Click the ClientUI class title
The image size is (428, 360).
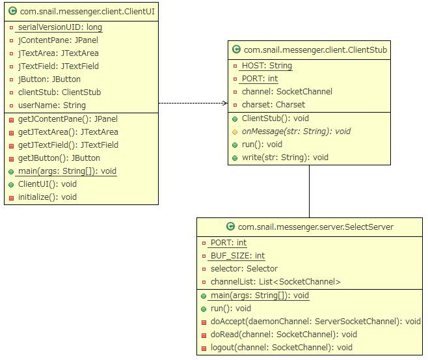pyautogui.click(x=85, y=11)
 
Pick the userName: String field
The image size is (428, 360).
pyautogui.click(x=51, y=105)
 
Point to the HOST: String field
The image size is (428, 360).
pyautogui.click(x=266, y=66)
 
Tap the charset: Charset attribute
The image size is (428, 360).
pyautogui.click(x=273, y=104)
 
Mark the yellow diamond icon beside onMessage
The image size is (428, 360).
pyautogui.click(x=235, y=132)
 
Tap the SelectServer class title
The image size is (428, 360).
pyautogui.click(x=315, y=227)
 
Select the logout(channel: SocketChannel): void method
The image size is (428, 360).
pyautogui.click(x=281, y=348)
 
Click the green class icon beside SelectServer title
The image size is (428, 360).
pyautogui.click(x=230, y=227)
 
